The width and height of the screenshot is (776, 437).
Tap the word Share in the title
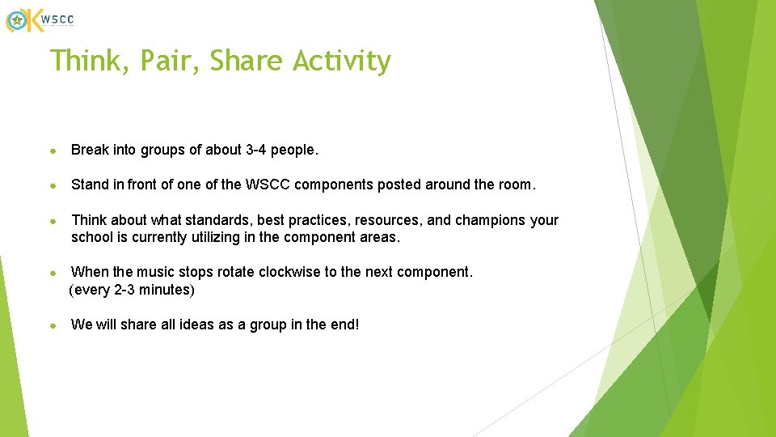247,62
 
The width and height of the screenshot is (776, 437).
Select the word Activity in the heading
342,62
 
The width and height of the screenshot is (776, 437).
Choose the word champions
492,220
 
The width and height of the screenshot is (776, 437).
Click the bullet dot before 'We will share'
53,325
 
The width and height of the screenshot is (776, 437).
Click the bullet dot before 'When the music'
53,273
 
